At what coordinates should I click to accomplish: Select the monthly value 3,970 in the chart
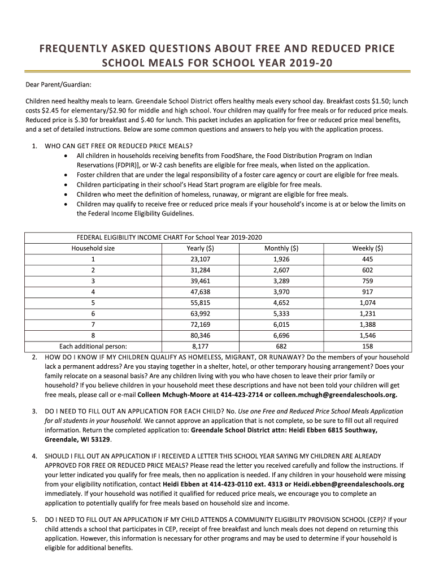click(x=281, y=292)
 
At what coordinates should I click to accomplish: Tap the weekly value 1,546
click(x=367, y=335)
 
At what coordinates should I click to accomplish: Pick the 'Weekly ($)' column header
click(x=367, y=248)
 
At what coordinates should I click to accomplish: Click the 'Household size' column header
click(x=93, y=248)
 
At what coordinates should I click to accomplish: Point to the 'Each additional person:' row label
click(x=93, y=346)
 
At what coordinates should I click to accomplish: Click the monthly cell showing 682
click(x=281, y=346)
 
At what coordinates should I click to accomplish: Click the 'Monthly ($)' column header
click(x=281, y=248)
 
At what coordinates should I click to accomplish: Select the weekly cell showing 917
click(x=367, y=292)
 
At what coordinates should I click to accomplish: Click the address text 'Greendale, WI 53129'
click(x=78, y=439)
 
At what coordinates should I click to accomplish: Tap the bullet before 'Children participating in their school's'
click(x=68, y=184)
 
